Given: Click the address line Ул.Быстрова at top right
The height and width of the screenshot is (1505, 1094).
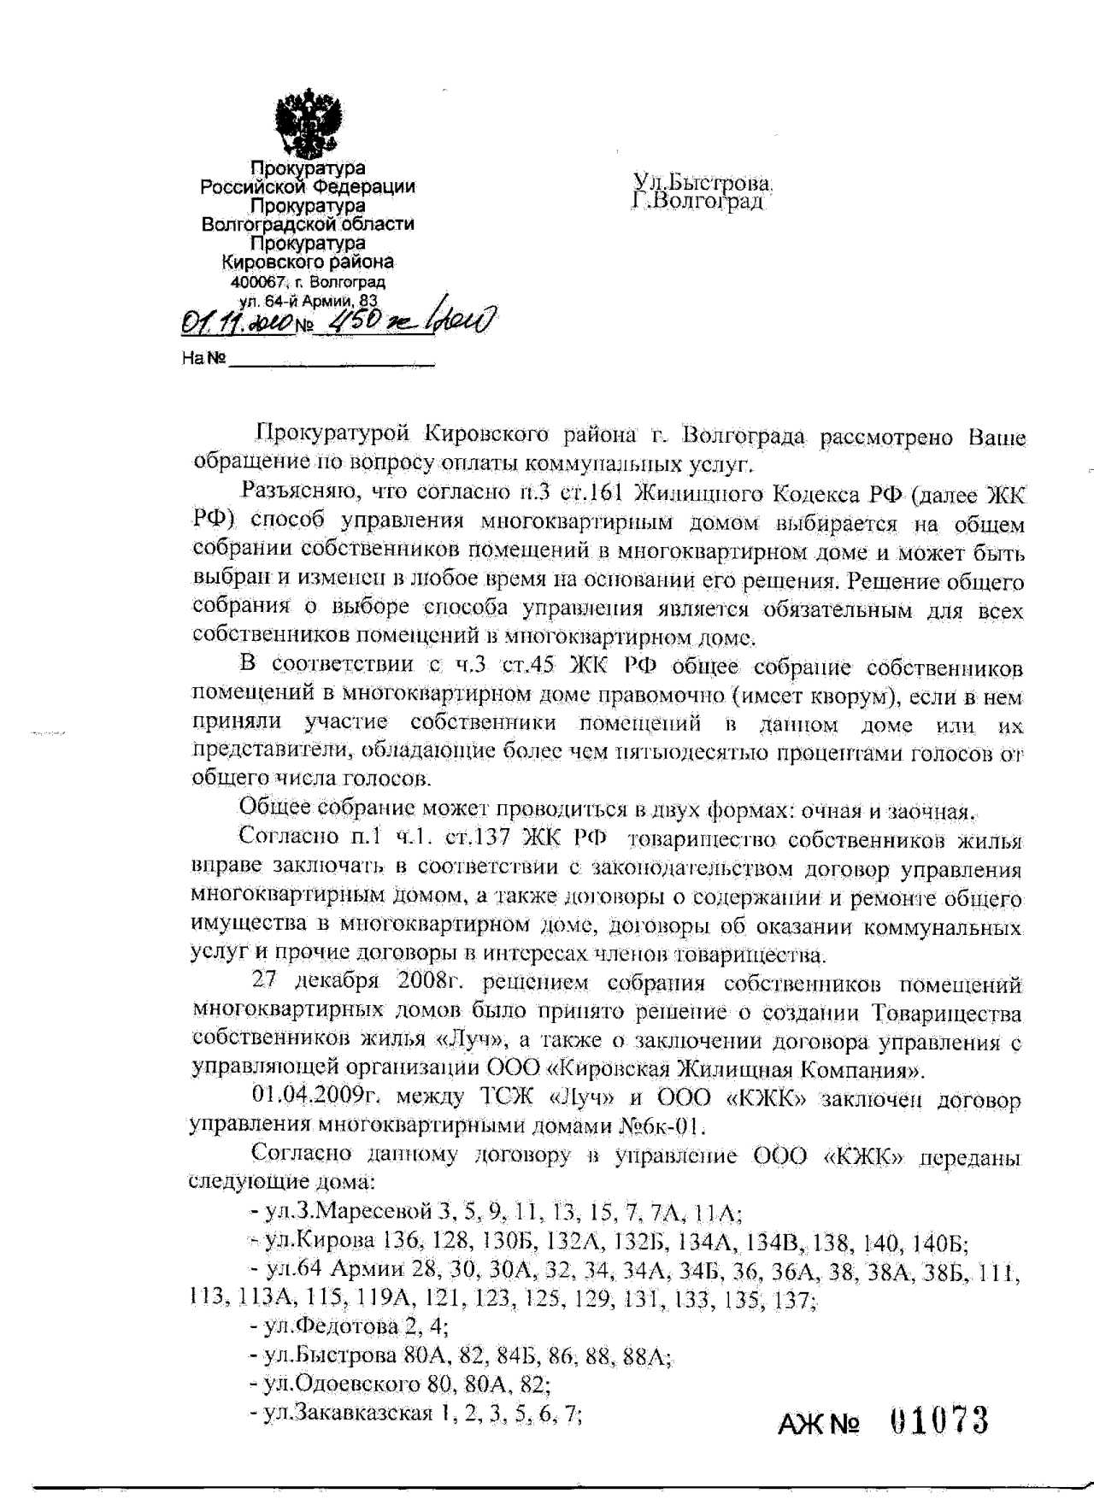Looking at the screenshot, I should coord(703,182).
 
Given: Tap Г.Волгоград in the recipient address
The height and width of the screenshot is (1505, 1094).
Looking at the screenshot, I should coord(697,203).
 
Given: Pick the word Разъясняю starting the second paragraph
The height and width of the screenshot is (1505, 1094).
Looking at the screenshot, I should coord(291,492).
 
